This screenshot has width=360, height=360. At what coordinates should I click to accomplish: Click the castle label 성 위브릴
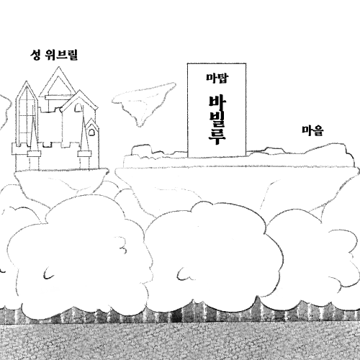pos(54,55)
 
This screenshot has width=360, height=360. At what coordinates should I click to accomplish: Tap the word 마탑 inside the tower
pos(217,78)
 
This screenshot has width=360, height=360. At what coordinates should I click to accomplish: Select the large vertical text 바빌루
pos(217,120)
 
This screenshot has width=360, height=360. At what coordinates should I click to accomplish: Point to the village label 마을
pos(312,131)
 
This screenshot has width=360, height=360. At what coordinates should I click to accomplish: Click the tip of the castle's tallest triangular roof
pos(58,67)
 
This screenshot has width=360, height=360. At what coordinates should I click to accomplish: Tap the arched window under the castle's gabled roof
pos(78,108)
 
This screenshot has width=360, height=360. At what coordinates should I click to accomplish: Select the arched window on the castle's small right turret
pos(91,132)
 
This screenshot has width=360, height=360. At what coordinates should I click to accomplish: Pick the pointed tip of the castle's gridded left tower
pos(27,81)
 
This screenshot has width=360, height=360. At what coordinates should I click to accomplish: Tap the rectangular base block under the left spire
pos(34,154)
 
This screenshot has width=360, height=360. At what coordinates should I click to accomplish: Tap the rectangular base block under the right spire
pos(84,154)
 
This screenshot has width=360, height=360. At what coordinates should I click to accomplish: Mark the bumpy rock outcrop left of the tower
pos(142,150)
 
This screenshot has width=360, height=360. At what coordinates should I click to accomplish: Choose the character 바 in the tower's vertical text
pos(217,103)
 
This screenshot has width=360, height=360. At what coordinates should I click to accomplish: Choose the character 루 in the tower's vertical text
pos(217,138)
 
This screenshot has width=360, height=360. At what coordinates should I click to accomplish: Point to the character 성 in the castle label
pos(35,55)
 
